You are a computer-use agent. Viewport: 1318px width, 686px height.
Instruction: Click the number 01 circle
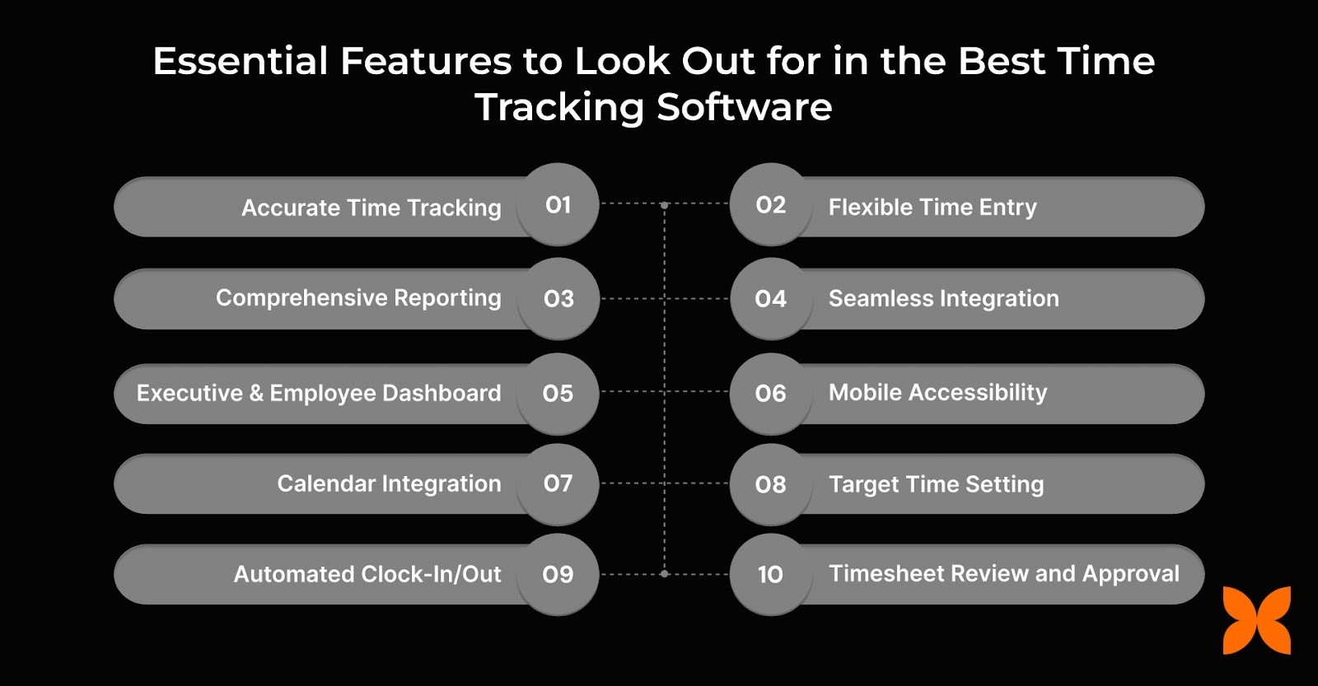pyautogui.click(x=558, y=204)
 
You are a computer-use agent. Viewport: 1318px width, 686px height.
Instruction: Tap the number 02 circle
pyautogui.click(x=770, y=204)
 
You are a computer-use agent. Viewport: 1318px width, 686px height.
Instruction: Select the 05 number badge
pyautogui.click(x=558, y=394)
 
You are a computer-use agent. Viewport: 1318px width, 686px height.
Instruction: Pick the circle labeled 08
pyautogui.click(x=770, y=484)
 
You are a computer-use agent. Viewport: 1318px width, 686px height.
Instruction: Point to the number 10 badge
pyautogui.click(x=770, y=574)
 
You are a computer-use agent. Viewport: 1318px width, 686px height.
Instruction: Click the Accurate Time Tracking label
pyautogui.click(x=371, y=208)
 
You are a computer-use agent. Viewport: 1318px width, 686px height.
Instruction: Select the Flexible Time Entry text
pyautogui.click(x=932, y=208)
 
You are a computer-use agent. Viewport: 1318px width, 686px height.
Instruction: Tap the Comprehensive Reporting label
pyautogui.click(x=358, y=298)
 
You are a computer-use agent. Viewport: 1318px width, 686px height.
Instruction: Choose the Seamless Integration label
pyautogui.click(x=943, y=298)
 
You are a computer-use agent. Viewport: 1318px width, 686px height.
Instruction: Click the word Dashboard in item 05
pyautogui.click(x=446, y=394)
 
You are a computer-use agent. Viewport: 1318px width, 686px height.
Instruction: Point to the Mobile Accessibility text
pyautogui.click(x=937, y=393)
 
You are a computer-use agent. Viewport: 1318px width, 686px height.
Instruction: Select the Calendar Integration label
pyautogui.click(x=389, y=483)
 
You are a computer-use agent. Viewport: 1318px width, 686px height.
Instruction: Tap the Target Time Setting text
pyautogui.click(x=936, y=484)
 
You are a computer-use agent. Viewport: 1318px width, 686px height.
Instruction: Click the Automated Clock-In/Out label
pyautogui.click(x=367, y=574)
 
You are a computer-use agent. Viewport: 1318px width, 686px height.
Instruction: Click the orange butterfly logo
pyautogui.click(x=1256, y=620)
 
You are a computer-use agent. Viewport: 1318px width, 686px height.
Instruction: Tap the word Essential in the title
pyautogui.click(x=241, y=62)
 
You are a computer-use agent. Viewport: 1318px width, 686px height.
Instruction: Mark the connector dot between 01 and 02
pyautogui.click(x=664, y=204)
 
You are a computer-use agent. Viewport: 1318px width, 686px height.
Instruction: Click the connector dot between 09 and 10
pyautogui.click(x=664, y=574)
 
